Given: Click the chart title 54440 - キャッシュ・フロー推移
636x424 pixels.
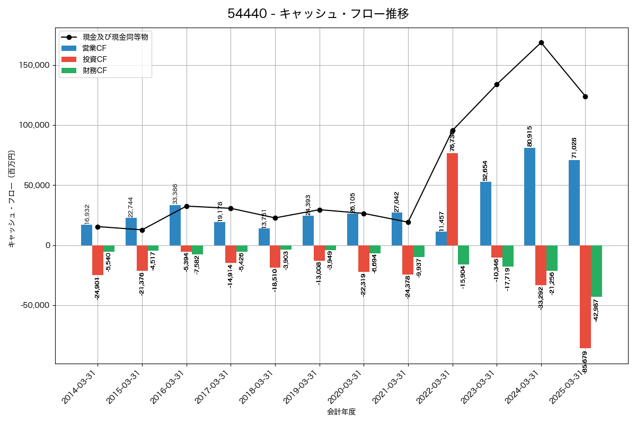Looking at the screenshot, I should coord(318,14).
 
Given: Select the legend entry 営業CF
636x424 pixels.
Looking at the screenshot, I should coord(94,48).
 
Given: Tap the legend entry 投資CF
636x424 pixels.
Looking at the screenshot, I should coord(94,59).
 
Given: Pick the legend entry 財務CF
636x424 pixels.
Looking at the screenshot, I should coord(94,70).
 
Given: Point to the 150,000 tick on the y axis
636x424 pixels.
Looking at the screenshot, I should coord(34,65).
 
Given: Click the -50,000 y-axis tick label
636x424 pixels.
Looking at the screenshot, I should coord(35,305).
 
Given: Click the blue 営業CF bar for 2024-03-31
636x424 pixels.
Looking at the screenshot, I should coord(529,197).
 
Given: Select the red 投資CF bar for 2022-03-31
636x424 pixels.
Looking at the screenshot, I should coord(452,199).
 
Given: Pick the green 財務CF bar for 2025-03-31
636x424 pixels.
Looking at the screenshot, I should coord(596,271).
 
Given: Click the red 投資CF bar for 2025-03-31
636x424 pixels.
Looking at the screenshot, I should coord(585,296).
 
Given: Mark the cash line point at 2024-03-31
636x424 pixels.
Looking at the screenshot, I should coord(541,42).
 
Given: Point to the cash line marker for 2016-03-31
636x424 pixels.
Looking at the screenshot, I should coord(187,206).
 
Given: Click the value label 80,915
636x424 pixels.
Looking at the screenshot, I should coord(529,136).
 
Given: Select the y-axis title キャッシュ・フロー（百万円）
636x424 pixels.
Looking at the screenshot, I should coord(12,199).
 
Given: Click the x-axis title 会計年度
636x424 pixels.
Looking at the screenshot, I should coord(341,412).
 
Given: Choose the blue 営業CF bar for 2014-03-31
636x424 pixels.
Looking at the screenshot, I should coord(86,235).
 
